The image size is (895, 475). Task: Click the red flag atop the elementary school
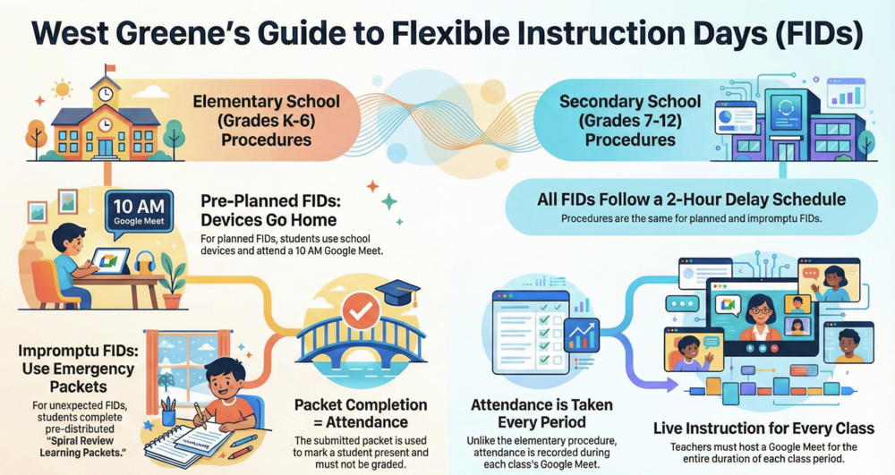coord(110,68)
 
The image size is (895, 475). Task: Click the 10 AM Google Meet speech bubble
coord(139,213)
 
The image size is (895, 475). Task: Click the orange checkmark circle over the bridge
coord(360,310)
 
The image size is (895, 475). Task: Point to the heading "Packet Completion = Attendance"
coord(361,413)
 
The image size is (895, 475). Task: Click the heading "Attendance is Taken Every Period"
coord(541,413)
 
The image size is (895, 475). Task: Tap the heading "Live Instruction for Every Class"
coord(763,428)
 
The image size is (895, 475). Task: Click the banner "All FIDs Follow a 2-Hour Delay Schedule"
coord(691,207)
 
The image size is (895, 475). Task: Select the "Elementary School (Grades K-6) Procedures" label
coord(266,121)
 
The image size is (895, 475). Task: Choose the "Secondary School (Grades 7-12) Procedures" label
coord(630,121)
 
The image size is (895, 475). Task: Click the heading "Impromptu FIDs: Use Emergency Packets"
coord(78,369)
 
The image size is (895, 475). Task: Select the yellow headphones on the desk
coord(145,263)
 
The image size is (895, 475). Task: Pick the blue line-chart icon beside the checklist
coord(582,335)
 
